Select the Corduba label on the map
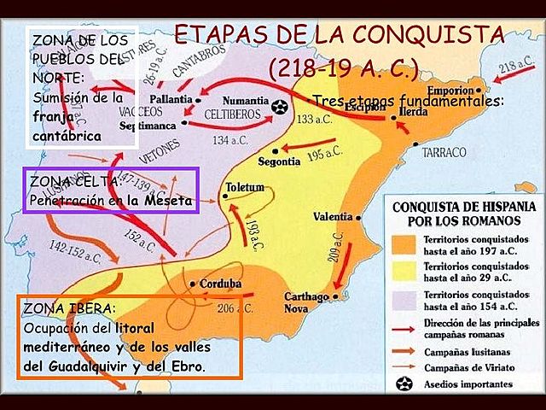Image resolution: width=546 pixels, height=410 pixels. click(x=220, y=284)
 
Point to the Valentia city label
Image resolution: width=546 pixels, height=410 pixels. click(x=334, y=217)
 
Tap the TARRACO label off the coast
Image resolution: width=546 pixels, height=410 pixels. click(x=446, y=152)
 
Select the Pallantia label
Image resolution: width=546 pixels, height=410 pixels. click(x=171, y=98)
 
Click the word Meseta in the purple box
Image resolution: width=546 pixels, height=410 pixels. click(x=170, y=201)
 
